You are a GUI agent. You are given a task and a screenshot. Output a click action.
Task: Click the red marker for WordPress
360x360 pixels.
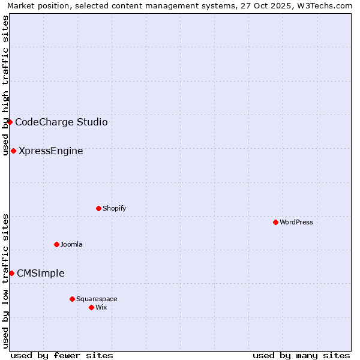(x=275, y=222)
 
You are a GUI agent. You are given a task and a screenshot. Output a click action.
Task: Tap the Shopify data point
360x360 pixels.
(x=98, y=208)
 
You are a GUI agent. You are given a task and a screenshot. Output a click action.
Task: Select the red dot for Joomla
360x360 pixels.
(x=56, y=244)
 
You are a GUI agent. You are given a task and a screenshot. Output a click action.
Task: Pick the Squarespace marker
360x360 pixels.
(x=72, y=299)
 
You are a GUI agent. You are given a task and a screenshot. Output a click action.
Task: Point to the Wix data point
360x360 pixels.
(x=91, y=307)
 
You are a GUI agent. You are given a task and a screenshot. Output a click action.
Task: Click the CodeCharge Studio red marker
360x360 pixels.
(x=10, y=122)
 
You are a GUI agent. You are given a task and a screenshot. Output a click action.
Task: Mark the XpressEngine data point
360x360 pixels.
(x=13, y=151)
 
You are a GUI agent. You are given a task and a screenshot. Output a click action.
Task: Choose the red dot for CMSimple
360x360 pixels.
(x=11, y=273)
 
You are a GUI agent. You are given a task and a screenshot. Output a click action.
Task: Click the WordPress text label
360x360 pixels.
(x=296, y=223)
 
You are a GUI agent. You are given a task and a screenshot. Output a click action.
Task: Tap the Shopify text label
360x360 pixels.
(x=114, y=209)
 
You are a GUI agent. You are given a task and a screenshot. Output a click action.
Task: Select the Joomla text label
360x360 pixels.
(x=71, y=245)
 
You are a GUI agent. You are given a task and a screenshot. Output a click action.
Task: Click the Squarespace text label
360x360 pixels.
(x=97, y=299)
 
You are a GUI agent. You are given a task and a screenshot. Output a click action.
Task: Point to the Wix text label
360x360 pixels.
(x=101, y=308)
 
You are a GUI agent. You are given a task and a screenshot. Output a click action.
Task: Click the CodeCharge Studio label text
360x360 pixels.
(x=61, y=122)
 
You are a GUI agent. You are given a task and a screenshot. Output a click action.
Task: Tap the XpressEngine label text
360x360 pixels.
(x=51, y=151)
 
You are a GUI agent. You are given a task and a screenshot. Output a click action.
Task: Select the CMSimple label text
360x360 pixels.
(x=41, y=274)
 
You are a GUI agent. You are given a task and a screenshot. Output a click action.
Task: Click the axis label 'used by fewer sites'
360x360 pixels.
(x=62, y=355)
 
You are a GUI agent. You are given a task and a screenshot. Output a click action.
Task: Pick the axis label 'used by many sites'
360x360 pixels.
(x=301, y=355)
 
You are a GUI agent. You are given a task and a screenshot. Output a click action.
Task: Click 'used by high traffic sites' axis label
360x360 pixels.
(x=5, y=85)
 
